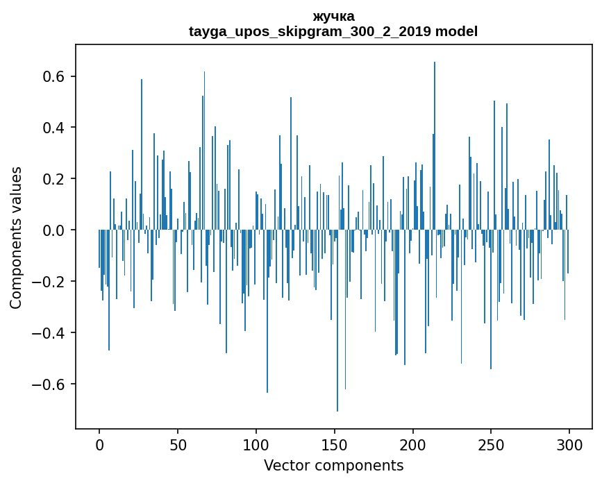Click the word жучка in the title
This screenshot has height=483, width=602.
[x=333, y=17]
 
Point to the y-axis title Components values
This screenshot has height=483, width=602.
[x=16, y=237]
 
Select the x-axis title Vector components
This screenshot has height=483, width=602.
[x=333, y=466]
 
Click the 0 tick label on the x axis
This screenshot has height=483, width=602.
[x=99, y=445]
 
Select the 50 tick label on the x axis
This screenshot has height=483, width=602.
[x=178, y=445]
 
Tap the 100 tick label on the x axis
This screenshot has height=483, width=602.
[x=256, y=445]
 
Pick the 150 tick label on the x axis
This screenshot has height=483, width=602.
[x=335, y=445]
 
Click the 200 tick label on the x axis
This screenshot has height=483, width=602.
[x=413, y=445]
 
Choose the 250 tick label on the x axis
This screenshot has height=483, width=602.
[x=492, y=445]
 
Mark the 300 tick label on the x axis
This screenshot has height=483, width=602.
[x=569, y=445]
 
